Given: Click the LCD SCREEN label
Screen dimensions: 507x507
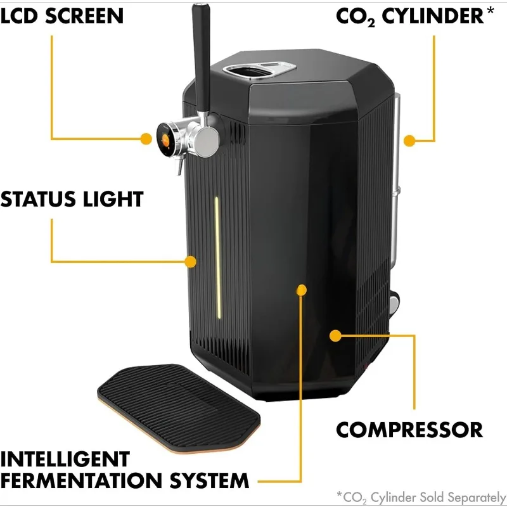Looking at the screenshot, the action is coord(61,15).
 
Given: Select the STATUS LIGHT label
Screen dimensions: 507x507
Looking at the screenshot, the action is coord(72,199).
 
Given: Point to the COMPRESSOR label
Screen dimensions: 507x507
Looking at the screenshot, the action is coord(409,430).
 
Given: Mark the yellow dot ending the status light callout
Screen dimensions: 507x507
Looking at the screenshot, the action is coord(190,260).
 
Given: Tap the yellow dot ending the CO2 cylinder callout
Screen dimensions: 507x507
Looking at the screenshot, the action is coord(409,139).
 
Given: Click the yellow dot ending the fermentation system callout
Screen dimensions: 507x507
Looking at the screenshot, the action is coord(302,290).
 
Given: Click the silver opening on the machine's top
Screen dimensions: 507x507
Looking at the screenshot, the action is coord(263,70).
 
